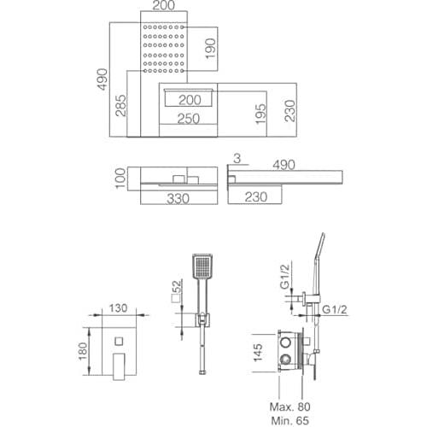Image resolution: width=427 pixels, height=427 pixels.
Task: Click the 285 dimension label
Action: tap(120, 106)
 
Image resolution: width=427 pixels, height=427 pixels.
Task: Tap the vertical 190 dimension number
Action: tap(211, 49)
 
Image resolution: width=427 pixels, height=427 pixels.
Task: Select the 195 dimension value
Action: tap(260, 114)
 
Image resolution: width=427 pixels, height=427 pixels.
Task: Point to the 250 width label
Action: tap(189, 119)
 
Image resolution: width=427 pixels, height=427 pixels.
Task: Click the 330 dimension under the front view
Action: tap(178, 198)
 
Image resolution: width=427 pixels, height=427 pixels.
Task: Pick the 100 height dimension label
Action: tap(120, 178)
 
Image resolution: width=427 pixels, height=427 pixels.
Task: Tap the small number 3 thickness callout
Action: tap(237, 159)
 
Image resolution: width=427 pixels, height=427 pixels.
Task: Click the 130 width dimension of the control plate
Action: tap(118, 308)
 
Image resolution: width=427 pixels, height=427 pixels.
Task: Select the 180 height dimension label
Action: tap(83, 351)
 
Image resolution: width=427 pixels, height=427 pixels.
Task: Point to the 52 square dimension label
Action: tap(177, 291)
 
